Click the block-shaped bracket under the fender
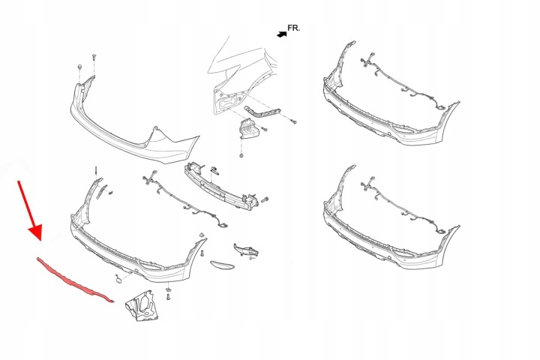pos(249,128)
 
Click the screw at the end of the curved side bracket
pos(295,119)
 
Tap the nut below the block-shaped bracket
pos(240,154)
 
